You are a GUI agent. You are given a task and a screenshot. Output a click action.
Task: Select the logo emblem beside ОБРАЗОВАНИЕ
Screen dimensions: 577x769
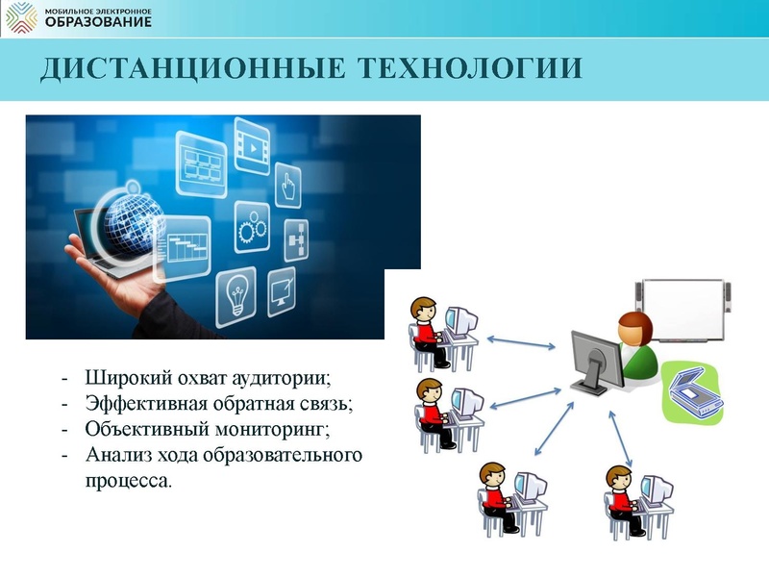[22, 17]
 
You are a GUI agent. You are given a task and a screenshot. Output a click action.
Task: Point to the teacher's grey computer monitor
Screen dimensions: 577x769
[596, 361]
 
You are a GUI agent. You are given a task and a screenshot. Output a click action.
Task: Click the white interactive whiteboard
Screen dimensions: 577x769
[682, 309]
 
